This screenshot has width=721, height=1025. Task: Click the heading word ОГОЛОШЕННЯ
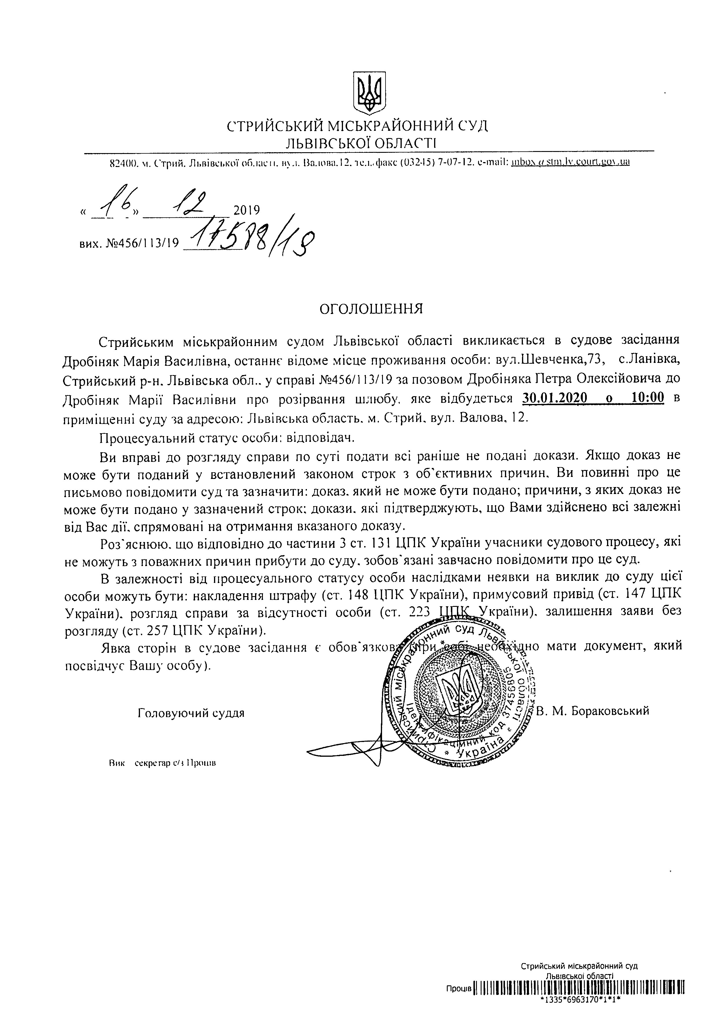point(371,309)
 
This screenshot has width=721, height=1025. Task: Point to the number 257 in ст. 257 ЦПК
point(160,630)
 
